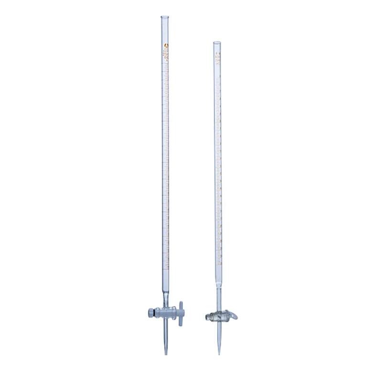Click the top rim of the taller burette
(166, 18)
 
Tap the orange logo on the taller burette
(166, 46)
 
